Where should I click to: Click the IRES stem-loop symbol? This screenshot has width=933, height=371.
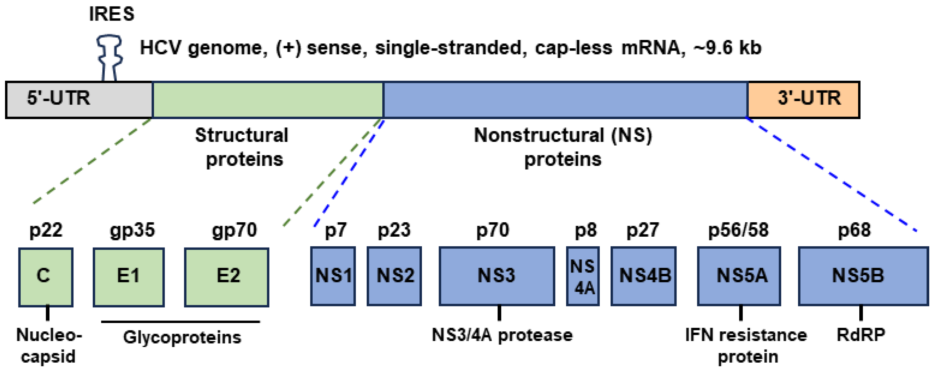(x=109, y=57)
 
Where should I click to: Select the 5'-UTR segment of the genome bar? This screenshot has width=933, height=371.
(x=79, y=99)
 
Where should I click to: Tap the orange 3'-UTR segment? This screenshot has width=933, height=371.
(x=803, y=99)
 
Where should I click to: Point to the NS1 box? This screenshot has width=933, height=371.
(x=333, y=276)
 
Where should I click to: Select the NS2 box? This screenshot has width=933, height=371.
(x=394, y=276)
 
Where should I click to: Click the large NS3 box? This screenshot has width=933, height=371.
(x=497, y=276)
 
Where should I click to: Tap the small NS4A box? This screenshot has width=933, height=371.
(x=583, y=276)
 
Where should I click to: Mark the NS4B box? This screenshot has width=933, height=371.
(x=643, y=276)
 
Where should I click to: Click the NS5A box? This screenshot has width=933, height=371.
(x=739, y=276)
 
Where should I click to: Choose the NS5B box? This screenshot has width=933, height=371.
(x=863, y=276)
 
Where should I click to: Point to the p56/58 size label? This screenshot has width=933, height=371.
(x=738, y=230)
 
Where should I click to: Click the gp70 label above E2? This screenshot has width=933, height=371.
(x=234, y=230)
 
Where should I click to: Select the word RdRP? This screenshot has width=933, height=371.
(x=861, y=335)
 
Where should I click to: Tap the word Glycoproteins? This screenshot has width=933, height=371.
(x=182, y=337)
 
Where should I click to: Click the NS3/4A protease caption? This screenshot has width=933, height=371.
(x=502, y=335)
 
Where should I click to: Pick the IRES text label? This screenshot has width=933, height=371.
(x=112, y=14)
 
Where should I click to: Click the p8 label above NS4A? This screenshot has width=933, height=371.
(x=585, y=230)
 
